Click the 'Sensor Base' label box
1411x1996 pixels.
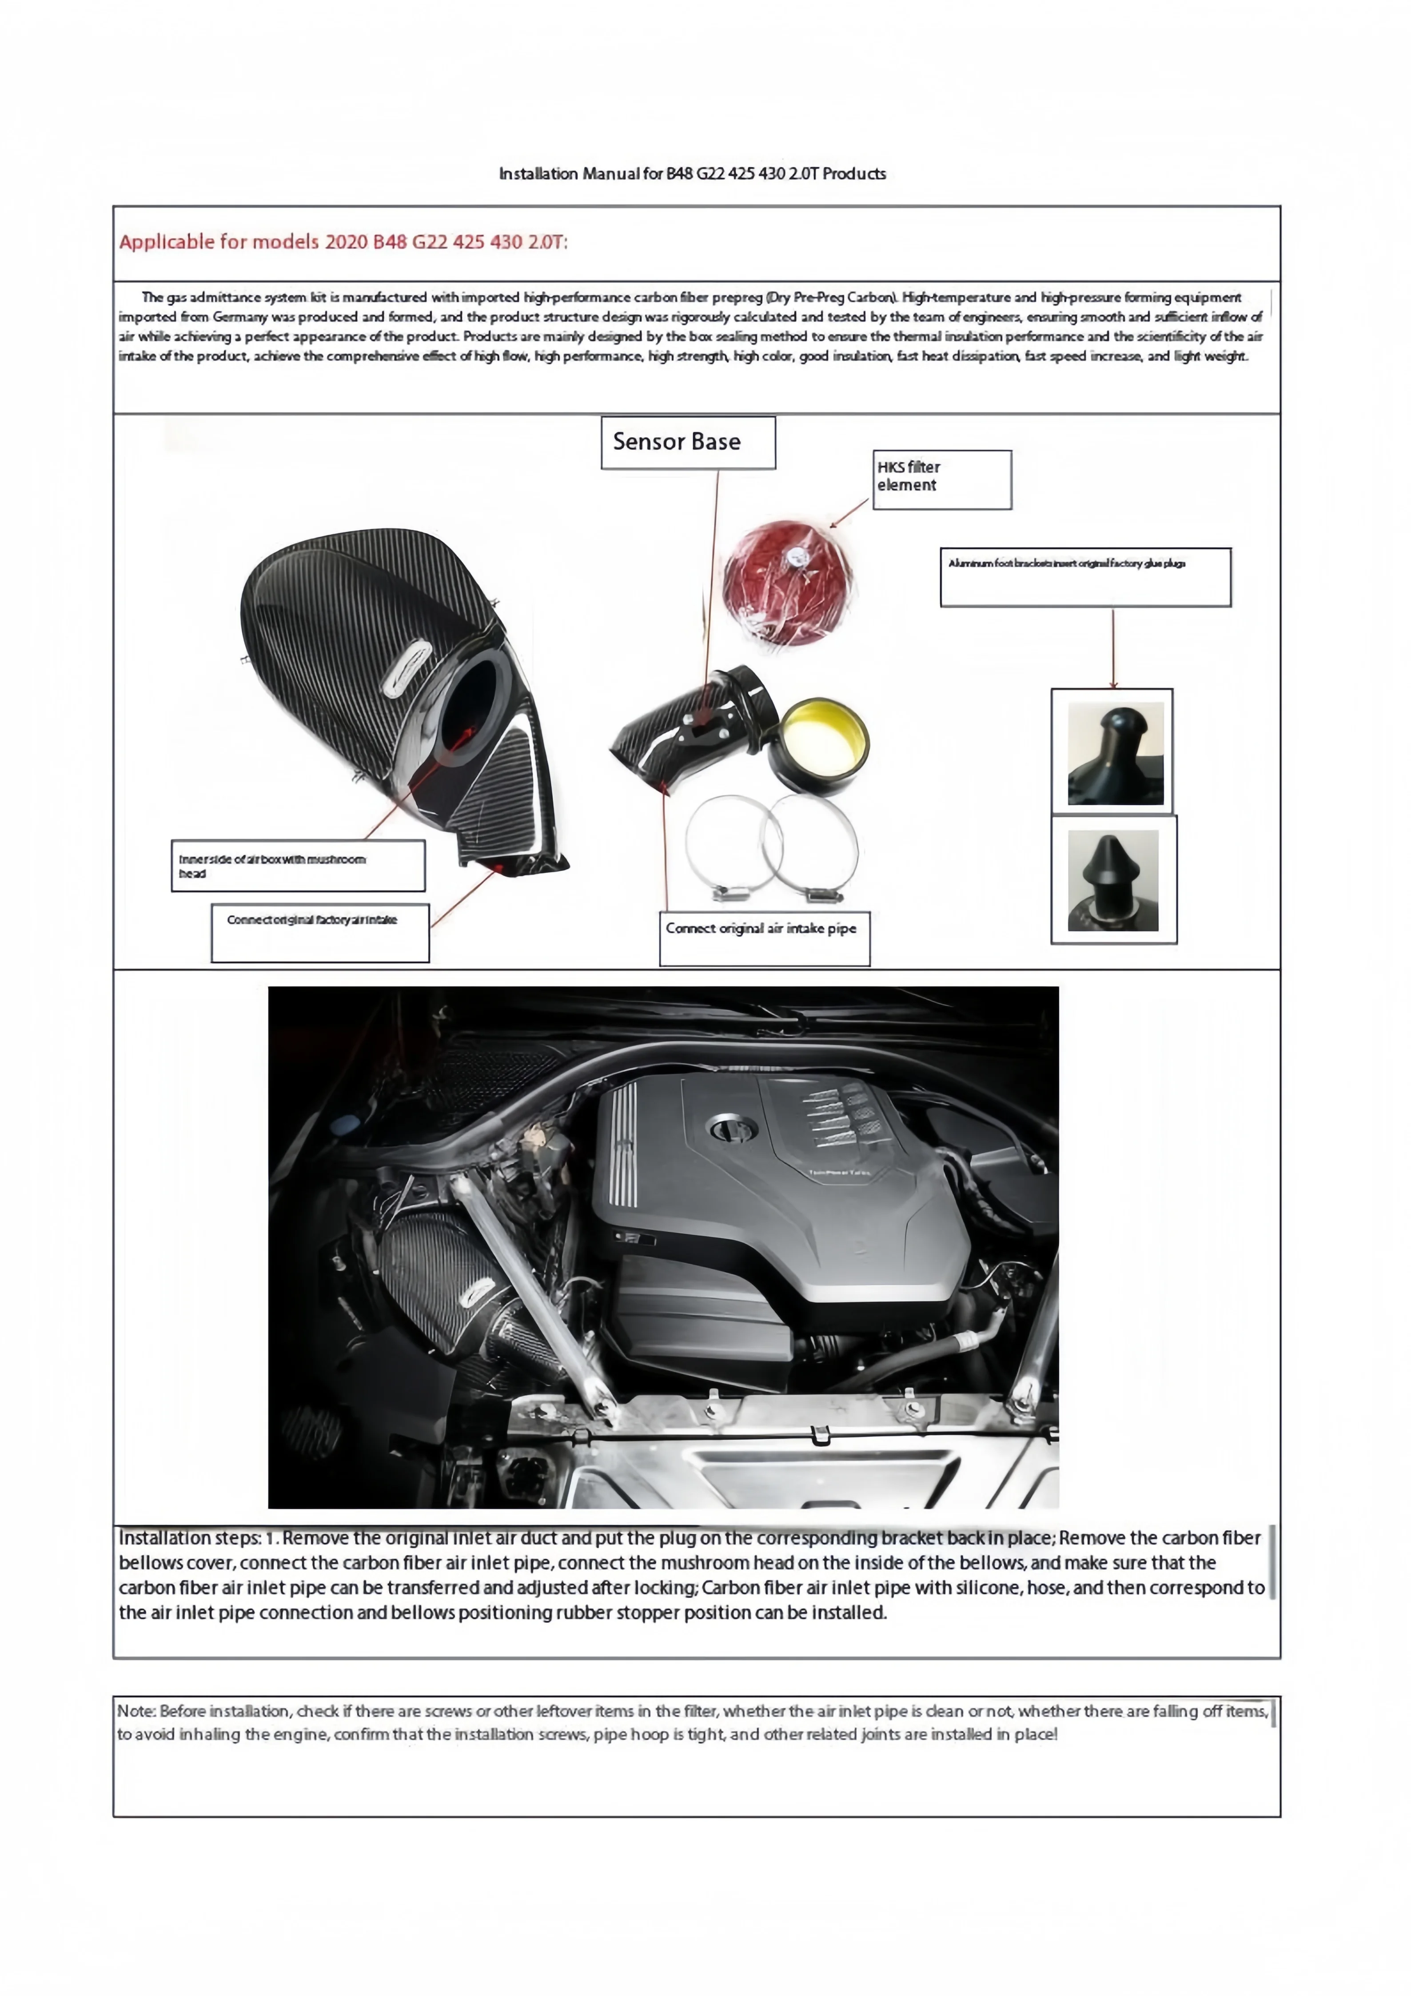click(x=688, y=443)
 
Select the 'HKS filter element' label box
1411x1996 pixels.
click(x=941, y=479)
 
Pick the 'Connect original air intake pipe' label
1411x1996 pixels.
click(x=764, y=937)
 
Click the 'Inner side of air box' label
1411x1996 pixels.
click(x=297, y=865)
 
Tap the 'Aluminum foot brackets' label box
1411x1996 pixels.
click(x=1085, y=576)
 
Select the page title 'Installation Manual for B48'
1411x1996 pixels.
click(x=692, y=174)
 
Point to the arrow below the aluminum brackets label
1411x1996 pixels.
click(x=1113, y=648)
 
